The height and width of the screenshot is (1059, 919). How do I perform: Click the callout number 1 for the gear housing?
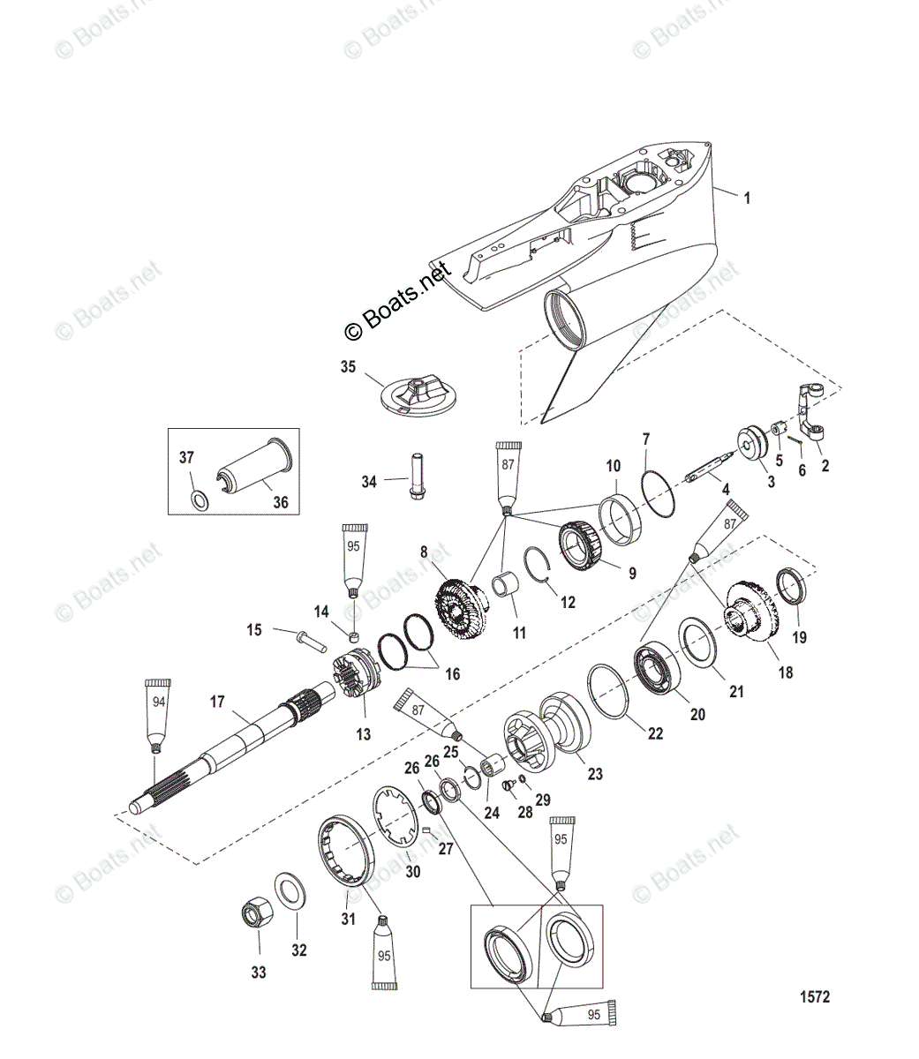(x=747, y=199)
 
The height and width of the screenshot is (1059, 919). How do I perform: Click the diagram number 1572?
(x=814, y=997)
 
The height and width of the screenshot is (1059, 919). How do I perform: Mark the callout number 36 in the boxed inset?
(x=279, y=502)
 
